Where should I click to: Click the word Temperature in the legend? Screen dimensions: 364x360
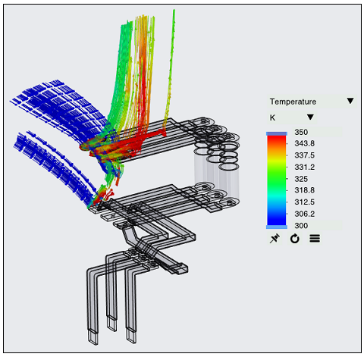point(293,102)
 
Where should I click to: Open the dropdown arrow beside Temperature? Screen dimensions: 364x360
point(350,101)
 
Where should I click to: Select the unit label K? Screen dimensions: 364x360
point(272,117)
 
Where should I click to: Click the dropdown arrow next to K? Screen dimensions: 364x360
point(310,117)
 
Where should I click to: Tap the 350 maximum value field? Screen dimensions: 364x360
point(317,132)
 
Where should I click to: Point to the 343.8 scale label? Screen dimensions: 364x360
point(304,143)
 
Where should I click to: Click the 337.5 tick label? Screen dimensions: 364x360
point(304,155)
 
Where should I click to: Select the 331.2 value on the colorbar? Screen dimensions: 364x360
point(304,167)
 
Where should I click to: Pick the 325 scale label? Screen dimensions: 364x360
point(301,179)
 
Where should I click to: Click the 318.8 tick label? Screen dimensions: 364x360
point(304,190)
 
